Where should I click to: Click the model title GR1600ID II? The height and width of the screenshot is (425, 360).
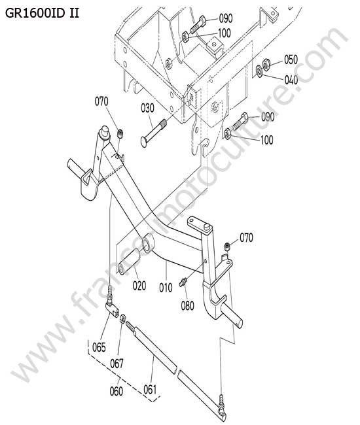click(x=42, y=13)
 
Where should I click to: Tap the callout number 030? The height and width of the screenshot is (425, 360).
click(x=147, y=108)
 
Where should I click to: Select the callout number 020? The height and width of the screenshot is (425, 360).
click(x=139, y=286)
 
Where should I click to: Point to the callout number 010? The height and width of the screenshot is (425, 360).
click(x=166, y=288)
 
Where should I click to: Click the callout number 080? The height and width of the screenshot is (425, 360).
click(x=187, y=306)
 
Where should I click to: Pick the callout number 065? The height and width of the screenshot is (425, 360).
click(x=99, y=347)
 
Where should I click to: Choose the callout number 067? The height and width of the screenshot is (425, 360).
click(x=117, y=364)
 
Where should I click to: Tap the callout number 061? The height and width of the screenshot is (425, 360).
click(x=150, y=390)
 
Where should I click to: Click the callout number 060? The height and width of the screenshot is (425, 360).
click(x=117, y=391)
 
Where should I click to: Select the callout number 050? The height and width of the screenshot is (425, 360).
click(x=291, y=59)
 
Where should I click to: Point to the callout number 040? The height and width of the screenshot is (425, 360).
click(x=291, y=80)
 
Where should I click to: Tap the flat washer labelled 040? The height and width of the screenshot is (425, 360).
click(x=259, y=71)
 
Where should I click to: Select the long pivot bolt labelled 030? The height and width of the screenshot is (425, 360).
click(x=154, y=133)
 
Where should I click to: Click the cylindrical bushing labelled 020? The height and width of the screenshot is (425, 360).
click(x=129, y=262)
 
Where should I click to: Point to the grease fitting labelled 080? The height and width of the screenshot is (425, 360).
click(x=183, y=282)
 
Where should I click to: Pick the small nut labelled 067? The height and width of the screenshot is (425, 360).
click(x=122, y=318)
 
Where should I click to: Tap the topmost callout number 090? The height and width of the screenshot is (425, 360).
click(x=226, y=18)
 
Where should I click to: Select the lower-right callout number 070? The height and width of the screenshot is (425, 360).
click(x=246, y=237)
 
